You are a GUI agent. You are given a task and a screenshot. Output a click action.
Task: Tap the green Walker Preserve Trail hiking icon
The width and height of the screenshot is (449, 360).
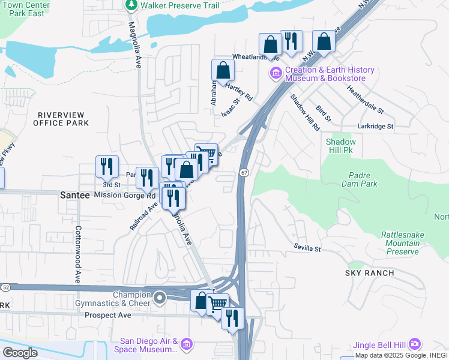pyautogui.click(x=131, y=5)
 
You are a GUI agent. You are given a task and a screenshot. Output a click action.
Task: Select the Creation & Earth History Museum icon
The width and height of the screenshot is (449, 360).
pyautogui.click(x=276, y=74)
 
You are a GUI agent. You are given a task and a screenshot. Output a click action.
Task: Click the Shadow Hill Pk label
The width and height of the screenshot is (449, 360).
pyautogui.click(x=341, y=146)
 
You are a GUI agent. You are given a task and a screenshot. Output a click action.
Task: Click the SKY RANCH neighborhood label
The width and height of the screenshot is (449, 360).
pyautogui.click(x=369, y=273)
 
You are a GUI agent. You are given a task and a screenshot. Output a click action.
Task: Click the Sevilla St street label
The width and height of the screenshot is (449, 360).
pyautogui.click(x=307, y=248)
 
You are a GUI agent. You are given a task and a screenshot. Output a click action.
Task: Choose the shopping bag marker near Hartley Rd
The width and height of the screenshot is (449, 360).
pyautogui.click(x=223, y=70)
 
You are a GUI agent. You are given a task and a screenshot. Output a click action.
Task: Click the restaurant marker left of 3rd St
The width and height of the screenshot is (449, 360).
pyautogui.click(x=107, y=166)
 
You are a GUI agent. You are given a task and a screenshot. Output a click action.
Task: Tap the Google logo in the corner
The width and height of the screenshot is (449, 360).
pyautogui.click(x=20, y=352)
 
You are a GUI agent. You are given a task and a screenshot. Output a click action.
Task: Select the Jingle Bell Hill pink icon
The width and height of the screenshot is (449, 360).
pyautogui.click(x=415, y=344)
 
